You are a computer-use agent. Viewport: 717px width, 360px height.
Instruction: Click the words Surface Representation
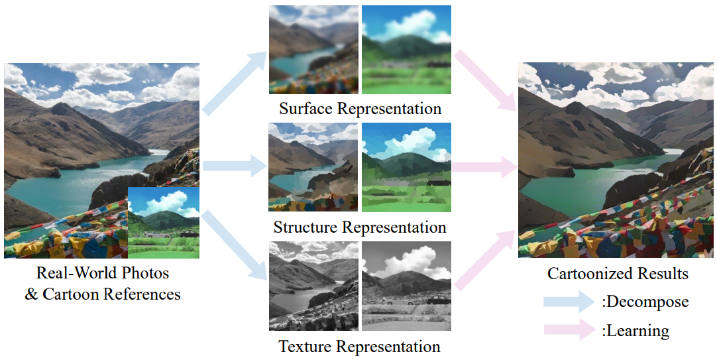click(360, 109)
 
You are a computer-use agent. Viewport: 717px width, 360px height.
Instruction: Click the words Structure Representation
click(360, 227)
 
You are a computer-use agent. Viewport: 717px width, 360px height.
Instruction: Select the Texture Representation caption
click(360, 346)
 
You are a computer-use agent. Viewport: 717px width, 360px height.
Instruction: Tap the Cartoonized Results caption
click(618, 273)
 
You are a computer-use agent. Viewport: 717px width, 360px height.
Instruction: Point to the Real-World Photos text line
click(103, 272)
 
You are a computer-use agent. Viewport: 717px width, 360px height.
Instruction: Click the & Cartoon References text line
click(103, 294)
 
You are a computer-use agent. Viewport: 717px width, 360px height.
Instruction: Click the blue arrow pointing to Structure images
click(233, 166)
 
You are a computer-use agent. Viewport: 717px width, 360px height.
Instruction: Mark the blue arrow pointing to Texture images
click(233, 245)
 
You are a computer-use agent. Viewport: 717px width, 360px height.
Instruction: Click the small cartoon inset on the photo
click(163, 222)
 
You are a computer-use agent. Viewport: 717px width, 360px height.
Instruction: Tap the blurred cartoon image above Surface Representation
click(406, 50)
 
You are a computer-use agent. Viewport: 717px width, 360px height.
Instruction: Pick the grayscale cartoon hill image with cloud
click(406, 286)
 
